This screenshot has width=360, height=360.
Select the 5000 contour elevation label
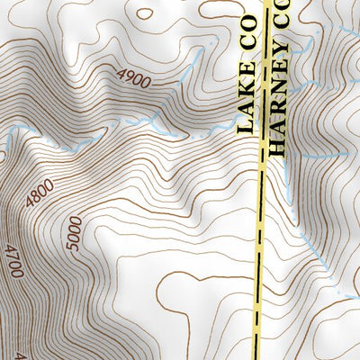75,231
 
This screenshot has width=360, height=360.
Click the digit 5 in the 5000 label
75,245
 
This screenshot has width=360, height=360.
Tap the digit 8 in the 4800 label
36,198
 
